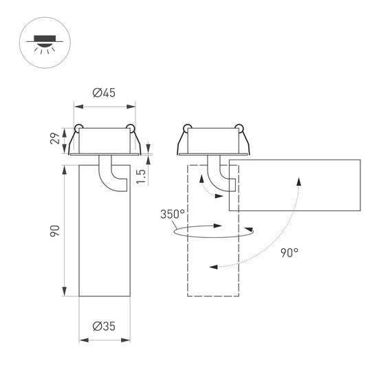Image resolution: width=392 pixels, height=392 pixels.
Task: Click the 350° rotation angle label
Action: [173, 213]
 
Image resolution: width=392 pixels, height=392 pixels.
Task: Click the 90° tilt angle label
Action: [290, 252]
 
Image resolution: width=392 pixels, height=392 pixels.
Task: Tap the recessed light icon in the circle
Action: [43, 43]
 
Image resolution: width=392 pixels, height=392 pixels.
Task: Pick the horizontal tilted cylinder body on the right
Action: [296, 184]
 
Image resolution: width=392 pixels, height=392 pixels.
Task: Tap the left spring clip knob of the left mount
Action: [79, 127]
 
